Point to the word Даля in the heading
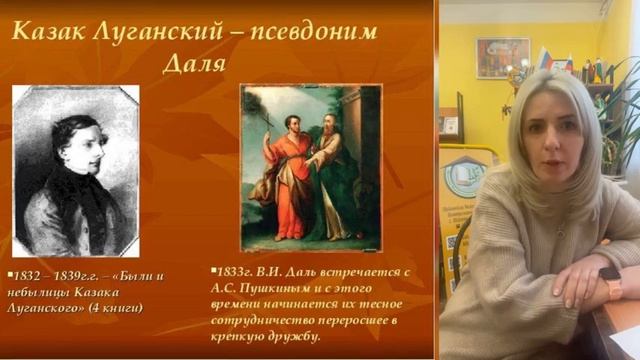192,65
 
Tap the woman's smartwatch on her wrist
611,282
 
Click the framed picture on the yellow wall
502,57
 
